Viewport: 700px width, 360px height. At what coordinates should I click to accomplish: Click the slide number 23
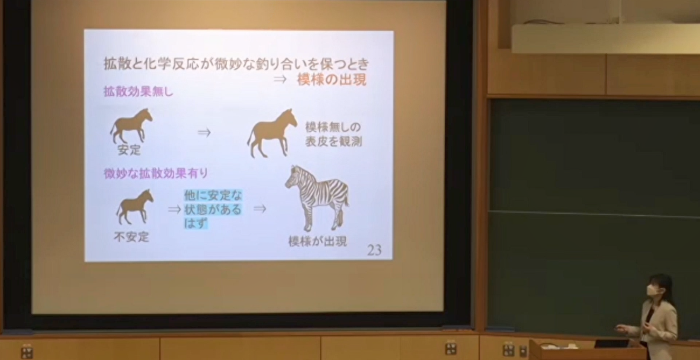coord(374,250)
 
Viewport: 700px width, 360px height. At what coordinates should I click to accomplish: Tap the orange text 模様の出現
coord(332,80)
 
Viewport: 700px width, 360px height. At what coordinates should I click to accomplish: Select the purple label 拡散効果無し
coord(138,92)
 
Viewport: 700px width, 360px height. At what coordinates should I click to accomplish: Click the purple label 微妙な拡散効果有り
coord(156,173)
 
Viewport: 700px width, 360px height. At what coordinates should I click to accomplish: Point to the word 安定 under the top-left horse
coord(129,150)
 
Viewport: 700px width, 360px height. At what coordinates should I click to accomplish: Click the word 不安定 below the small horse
coord(131,237)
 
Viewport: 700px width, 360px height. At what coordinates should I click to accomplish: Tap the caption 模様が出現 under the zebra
coord(317,242)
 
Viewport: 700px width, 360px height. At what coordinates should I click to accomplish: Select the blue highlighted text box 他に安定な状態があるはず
coord(213,209)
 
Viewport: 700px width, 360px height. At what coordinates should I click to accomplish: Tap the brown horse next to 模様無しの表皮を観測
coord(271,133)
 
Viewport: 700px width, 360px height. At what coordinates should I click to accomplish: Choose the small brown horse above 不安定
coord(135,207)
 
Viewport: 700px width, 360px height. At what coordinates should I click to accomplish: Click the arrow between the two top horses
coord(205,132)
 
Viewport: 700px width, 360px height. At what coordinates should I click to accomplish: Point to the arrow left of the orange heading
coord(280,79)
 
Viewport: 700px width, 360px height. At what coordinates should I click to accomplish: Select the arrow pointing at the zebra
coord(260,209)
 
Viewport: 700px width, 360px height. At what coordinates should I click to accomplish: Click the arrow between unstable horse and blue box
coord(174,209)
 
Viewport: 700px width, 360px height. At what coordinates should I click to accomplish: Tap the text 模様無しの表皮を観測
coord(333,134)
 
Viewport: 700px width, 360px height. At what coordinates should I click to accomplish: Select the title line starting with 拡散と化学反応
coord(236,64)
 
